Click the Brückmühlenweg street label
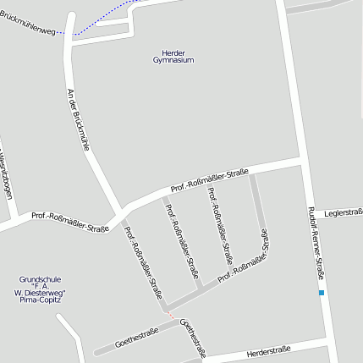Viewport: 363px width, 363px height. tap(27, 24)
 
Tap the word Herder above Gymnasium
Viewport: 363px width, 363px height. tap(173, 53)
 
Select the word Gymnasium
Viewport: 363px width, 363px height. tap(173, 61)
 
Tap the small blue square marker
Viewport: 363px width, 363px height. tap(322, 293)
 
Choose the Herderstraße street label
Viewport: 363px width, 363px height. tap(269, 349)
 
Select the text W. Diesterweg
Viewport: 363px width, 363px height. tap(40, 293)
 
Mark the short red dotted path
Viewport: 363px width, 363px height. tap(173, 316)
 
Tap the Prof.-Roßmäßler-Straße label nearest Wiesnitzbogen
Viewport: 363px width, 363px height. tap(70, 222)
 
